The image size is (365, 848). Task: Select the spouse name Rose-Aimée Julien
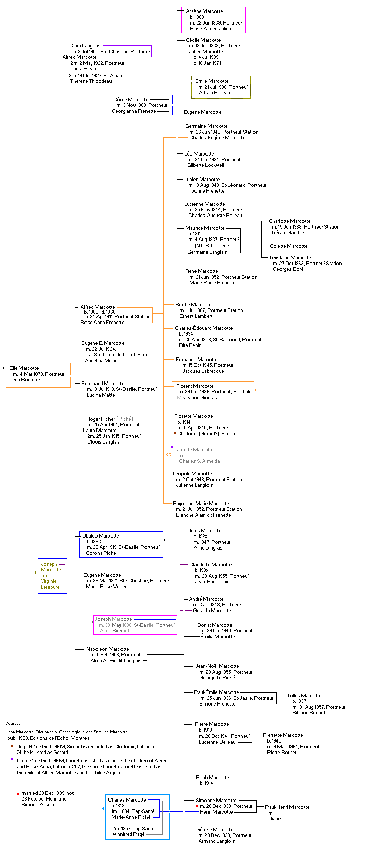click(210, 29)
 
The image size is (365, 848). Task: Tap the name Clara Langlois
click(84, 46)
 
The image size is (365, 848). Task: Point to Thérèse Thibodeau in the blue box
click(91, 81)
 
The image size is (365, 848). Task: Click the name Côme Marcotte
click(130, 100)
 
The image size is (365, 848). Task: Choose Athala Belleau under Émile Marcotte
click(214, 93)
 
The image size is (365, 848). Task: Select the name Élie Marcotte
click(24, 368)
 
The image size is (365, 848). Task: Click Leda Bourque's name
click(25, 380)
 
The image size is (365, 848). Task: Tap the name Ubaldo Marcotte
click(101, 536)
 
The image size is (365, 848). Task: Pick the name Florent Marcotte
click(194, 386)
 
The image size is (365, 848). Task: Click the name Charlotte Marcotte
click(289, 221)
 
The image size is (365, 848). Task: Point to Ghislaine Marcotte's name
click(290, 258)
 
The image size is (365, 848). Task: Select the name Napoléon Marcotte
click(107, 649)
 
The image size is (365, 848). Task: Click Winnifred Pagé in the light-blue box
click(128, 834)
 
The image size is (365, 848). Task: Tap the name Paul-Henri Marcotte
click(287, 807)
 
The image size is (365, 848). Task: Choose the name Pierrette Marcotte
click(283, 735)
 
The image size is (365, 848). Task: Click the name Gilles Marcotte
click(305, 696)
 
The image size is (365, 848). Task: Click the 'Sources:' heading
click(14, 723)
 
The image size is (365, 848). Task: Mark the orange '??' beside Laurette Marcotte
click(168, 456)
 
